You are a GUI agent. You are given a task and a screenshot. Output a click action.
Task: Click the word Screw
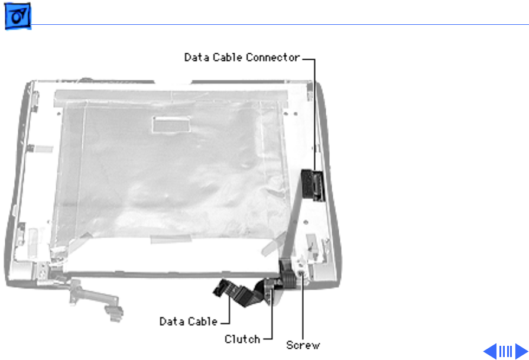point(303,345)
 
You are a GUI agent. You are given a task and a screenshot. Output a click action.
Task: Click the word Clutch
point(242,339)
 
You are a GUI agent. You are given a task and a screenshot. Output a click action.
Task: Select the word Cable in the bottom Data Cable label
point(203,322)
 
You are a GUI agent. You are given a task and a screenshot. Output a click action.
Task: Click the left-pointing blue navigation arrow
point(490,351)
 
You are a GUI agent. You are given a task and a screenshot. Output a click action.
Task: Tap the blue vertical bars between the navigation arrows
point(505,351)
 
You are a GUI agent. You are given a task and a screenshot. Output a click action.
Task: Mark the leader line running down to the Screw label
point(303,307)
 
